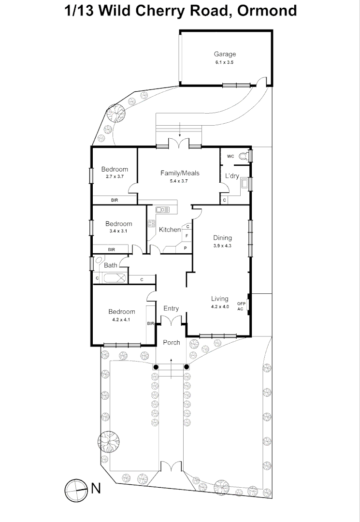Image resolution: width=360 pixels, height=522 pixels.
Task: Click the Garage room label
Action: [225, 54]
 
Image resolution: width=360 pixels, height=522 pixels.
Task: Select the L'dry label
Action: [232, 176]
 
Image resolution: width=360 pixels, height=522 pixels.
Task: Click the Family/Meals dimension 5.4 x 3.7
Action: [180, 181]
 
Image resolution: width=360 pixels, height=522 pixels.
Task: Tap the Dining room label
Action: [222, 238]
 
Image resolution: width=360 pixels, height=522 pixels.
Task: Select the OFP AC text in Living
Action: [241, 306]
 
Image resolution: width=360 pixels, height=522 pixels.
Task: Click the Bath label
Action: [111, 265]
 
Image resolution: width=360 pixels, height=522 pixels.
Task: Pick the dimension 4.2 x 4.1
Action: [122, 319]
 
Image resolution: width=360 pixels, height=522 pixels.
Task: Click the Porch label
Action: [171, 342]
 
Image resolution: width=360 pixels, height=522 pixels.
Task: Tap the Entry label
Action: [171, 308]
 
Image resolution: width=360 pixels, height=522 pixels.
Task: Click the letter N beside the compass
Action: [96, 489]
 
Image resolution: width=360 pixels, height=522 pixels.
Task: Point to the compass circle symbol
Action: [75, 489]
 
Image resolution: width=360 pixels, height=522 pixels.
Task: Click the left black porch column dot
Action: [156, 367]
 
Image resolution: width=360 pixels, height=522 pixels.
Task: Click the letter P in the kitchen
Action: [185, 247]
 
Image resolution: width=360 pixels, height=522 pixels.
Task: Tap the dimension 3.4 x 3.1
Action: [118, 231]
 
